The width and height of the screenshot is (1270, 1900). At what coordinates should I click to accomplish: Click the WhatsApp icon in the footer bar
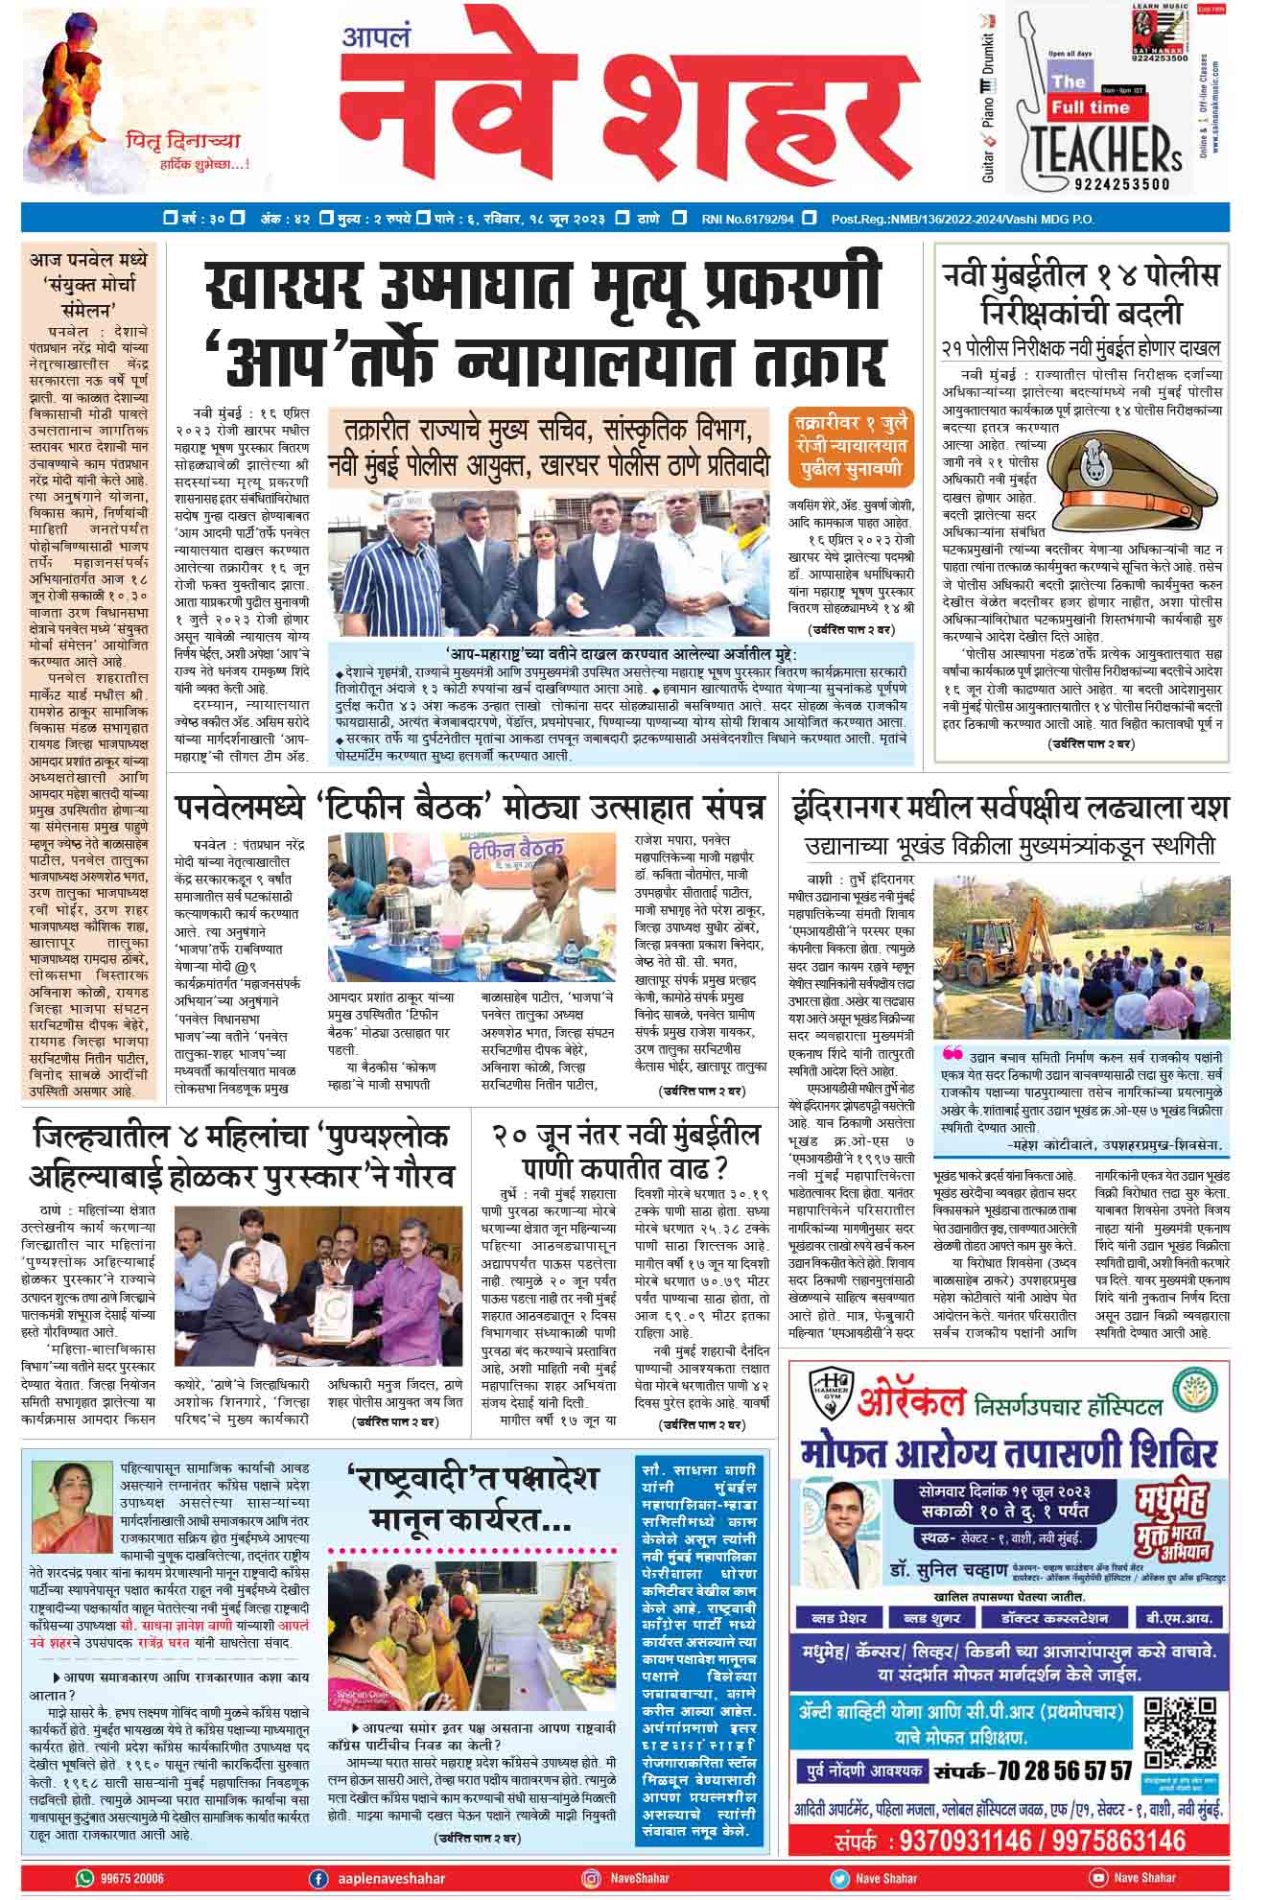[x=85, y=1878]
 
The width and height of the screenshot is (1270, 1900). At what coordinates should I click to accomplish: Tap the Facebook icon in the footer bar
[x=317, y=1878]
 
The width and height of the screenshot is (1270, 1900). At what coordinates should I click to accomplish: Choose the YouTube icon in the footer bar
[x=1096, y=1878]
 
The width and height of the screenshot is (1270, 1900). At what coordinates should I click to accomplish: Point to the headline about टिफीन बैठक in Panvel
[x=470, y=808]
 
